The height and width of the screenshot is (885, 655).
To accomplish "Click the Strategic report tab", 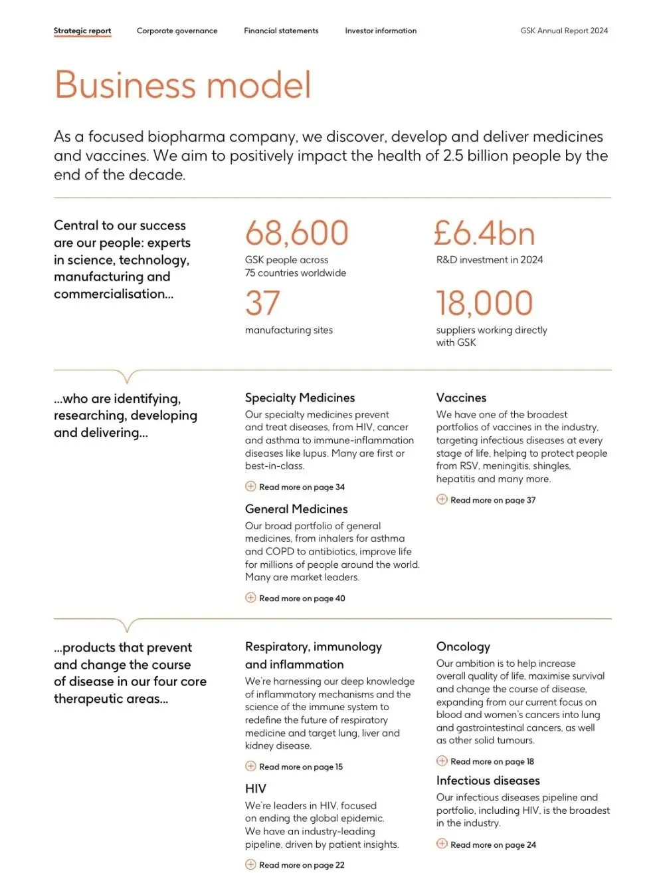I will click(82, 31).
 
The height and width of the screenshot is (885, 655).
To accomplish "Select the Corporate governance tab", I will click(177, 31).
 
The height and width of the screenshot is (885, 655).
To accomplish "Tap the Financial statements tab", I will click(281, 31).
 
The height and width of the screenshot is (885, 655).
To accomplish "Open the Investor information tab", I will click(381, 31).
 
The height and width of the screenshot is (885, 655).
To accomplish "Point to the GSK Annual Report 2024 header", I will click(564, 31).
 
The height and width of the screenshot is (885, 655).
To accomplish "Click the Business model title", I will click(183, 85).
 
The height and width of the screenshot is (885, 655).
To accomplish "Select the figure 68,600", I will click(296, 233).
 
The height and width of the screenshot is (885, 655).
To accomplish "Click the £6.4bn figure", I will click(484, 233).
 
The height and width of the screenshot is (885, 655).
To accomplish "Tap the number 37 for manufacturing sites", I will click(262, 303).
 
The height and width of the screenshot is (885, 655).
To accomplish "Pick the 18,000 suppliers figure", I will click(484, 303).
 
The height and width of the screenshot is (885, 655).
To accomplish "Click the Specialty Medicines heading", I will click(300, 398).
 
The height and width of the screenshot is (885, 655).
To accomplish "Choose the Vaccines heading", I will click(461, 398).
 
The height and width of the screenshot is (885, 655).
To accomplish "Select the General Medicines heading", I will click(296, 509).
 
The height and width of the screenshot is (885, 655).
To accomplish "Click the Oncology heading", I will click(463, 646).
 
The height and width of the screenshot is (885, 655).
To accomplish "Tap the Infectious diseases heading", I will click(488, 780).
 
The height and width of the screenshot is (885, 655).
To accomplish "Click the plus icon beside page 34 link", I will click(250, 486).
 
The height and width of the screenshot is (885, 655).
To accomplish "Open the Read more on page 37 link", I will click(492, 500).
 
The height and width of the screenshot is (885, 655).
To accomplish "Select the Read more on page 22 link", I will click(302, 865).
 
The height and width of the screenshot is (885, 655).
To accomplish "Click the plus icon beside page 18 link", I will click(442, 761).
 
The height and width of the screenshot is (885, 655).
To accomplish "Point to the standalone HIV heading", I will click(256, 789).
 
